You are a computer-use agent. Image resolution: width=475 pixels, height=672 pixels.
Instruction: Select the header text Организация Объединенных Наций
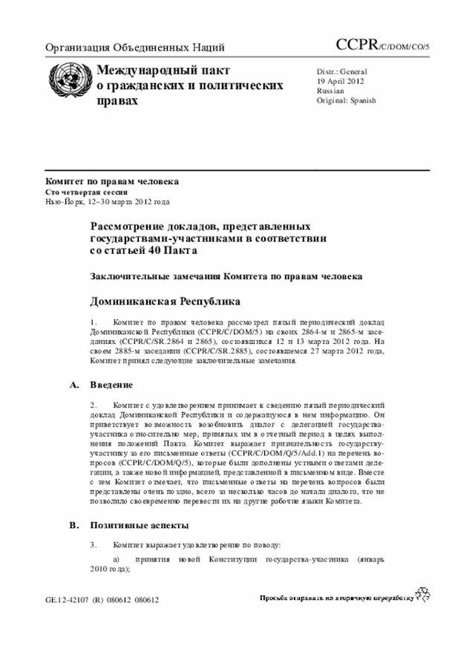click(x=135, y=48)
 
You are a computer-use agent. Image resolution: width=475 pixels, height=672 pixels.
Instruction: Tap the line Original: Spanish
click(x=346, y=100)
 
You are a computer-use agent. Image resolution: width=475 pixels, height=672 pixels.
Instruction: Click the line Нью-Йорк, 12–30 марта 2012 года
click(x=108, y=201)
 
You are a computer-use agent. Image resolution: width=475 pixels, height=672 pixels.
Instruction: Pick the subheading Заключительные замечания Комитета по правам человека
click(x=226, y=276)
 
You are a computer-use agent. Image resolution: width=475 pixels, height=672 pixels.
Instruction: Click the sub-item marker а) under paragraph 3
click(x=115, y=558)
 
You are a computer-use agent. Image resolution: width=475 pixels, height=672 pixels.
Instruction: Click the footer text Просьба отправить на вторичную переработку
click(x=335, y=598)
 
